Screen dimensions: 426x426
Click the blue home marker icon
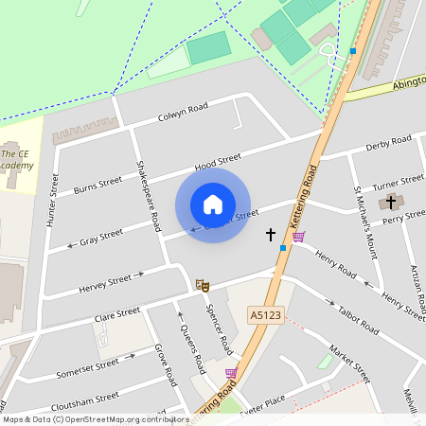point(213,204)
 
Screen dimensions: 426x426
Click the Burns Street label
point(98,183)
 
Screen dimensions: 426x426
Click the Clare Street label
point(117,311)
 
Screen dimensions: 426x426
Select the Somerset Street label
point(88,367)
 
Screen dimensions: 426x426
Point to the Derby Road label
point(388,144)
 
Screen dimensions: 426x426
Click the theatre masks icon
point(201,284)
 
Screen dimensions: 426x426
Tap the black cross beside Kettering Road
point(270,234)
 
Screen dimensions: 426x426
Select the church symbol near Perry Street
point(390,202)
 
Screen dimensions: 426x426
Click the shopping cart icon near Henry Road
point(299,237)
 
